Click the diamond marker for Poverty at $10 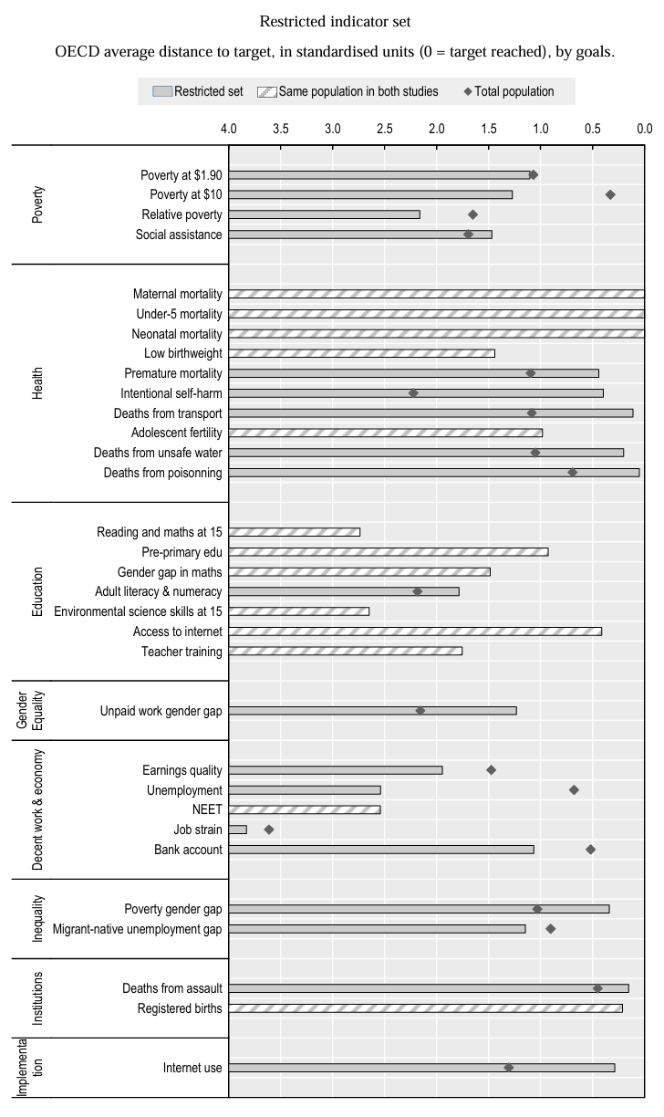click(x=610, y=194)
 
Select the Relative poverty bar click(x=324, y=214)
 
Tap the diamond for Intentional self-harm click(x=413, y=393)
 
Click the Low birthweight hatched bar click(x=361, y=353)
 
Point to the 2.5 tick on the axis click(x=385, y=129)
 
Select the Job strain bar click(x=237, y=830)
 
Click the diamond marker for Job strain click(x=269, y=830)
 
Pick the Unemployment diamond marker click(x=574, y=789)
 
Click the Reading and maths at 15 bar click(x=294, y=532)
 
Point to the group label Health click(x=37, y=383)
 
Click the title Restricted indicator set click(x=331, y=21)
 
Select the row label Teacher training click(x=182, y=651)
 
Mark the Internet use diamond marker click(x=508, y=1068)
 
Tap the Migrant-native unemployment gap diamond click(x=550, y=929)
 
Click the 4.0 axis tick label click(x=229, y=129)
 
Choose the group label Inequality click(x=37, y=918)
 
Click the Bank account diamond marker click(x=590, y=850)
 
